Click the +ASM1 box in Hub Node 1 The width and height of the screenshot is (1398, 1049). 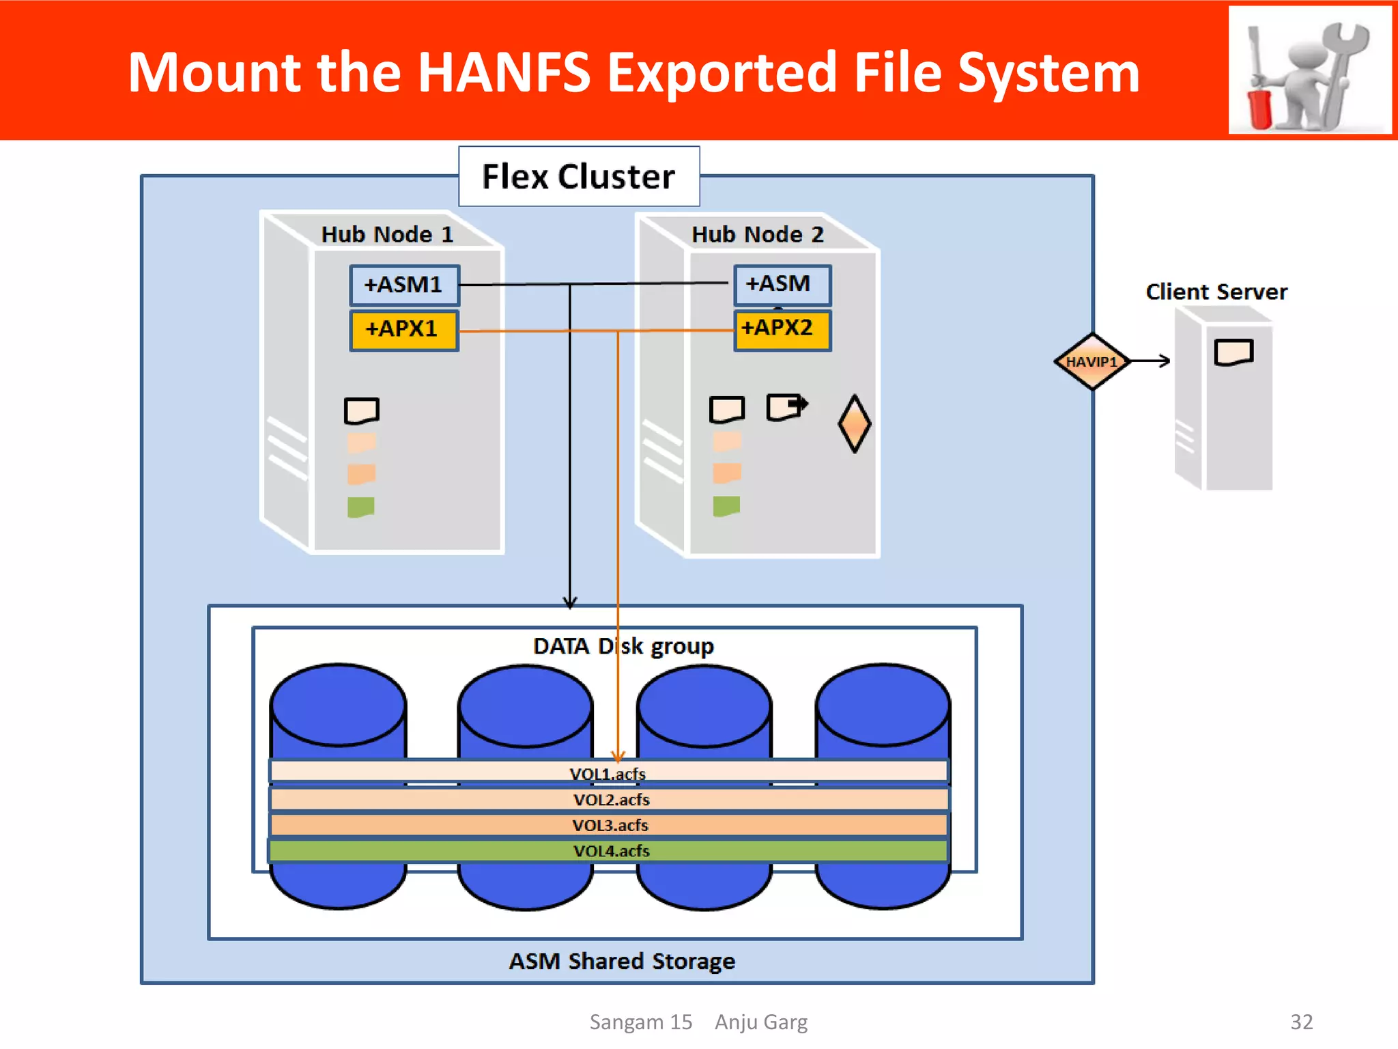tap(404, 285)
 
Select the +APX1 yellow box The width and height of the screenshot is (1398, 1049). tap(403, 330)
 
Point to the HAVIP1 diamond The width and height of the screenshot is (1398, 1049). tap(1092, 361)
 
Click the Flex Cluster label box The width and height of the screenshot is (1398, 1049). tap(578, 176)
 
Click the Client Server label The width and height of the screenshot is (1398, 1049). tap(1216, 292)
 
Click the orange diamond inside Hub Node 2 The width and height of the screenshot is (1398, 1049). tap(854, 423)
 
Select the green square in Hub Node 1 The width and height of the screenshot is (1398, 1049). tap(360, 507)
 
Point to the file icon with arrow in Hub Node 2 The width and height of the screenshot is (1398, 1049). tap(786, 407)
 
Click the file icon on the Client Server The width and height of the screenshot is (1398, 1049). tap(1233, 352)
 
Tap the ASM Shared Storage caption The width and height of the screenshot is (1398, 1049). tap(621, 961)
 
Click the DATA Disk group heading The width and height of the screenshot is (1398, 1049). tap(623, 646)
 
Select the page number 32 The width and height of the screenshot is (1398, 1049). tap(1301, 1022)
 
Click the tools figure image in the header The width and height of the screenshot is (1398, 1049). tap(1309, 71)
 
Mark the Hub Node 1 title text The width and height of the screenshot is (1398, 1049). tap(387, 234)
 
